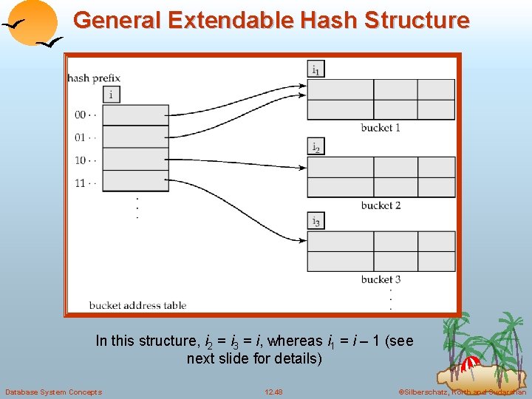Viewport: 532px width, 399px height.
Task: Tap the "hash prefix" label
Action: (94, 78)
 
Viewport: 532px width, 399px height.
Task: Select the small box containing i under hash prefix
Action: (111, 94)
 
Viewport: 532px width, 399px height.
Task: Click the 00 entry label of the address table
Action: (85, 115)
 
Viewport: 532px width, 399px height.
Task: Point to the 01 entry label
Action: (85, 137)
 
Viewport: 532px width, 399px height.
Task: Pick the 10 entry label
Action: (85, 160)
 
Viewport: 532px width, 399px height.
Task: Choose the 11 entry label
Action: (85, 183)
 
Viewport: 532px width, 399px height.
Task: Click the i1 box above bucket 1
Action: (316, 69)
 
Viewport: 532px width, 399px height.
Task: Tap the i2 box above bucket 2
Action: (316, 147)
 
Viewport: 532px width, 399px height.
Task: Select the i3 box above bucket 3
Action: (316, 221)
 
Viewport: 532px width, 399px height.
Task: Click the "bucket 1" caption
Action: (381, 128)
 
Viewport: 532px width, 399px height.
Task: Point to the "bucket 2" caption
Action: (381, 205)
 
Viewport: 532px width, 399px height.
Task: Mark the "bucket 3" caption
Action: (381, 279)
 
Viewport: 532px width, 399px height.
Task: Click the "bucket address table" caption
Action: (137, 305)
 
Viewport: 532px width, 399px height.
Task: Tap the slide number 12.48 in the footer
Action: (273, 392)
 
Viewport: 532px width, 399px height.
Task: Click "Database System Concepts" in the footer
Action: (53, 392)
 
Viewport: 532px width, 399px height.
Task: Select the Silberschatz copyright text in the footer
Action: (462, 392)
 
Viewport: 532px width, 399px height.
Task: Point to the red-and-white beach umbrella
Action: (469, 364)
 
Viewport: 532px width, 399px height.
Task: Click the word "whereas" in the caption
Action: (295, 341)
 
